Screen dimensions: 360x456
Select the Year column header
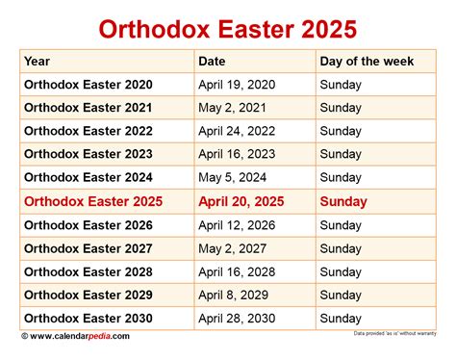coord(38,62)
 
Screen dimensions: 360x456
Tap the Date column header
coord(212,62)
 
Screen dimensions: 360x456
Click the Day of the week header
coord(367,62)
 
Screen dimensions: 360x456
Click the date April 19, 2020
coord(237,85)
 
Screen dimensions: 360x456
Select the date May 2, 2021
coord(231,108)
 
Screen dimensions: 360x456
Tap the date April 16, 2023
coord(237,155)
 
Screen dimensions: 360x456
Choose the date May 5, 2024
coord(231,178)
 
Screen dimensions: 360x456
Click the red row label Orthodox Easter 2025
coord(93,202)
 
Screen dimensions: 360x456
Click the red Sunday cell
coord(343,202)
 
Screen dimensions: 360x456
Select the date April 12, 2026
coord(237,225)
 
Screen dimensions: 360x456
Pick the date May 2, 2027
coord(231,248)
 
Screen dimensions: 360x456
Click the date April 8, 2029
coord(234,296)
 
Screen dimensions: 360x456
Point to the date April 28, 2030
coord(237,319)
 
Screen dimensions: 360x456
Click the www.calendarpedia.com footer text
coord(81,336)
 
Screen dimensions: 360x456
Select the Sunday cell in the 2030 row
coord(342,319)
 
